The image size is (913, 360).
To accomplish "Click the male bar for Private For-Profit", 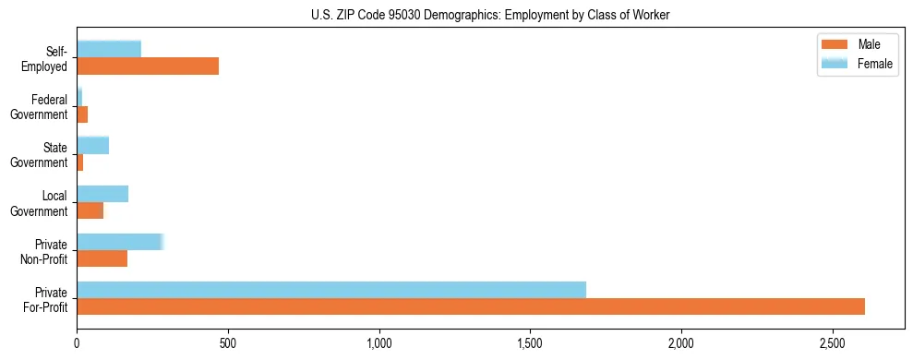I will (x=471, y=306).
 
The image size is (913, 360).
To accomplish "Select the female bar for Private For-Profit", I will (x=331, y=289).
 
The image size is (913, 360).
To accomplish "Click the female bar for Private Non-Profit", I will (x=120, y=242).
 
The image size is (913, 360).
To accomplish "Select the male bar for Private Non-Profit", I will (x=102, y=258).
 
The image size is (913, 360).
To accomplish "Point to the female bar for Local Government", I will (x=102, y=194).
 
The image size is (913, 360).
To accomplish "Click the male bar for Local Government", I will (x=90, y=210).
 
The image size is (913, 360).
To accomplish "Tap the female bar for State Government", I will (x=93, y=145).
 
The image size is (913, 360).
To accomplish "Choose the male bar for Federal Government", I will (x=82, y=114).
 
